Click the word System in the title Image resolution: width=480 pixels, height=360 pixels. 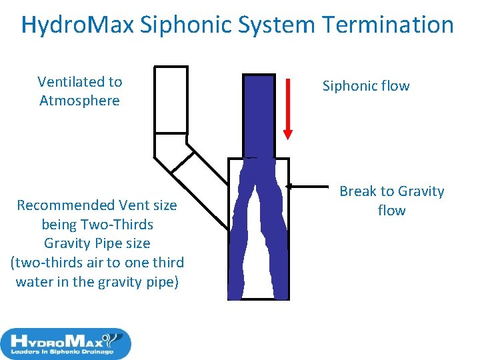point(280,25)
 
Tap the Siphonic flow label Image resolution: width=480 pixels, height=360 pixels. point(366,86)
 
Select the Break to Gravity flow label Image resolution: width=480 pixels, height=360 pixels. point(391,201)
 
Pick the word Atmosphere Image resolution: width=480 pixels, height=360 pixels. point(80,101)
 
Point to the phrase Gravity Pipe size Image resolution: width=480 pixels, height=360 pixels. point(97,243)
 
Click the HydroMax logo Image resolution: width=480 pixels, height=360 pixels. point(65,344)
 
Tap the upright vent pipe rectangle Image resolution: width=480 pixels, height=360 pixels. point(171,99)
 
